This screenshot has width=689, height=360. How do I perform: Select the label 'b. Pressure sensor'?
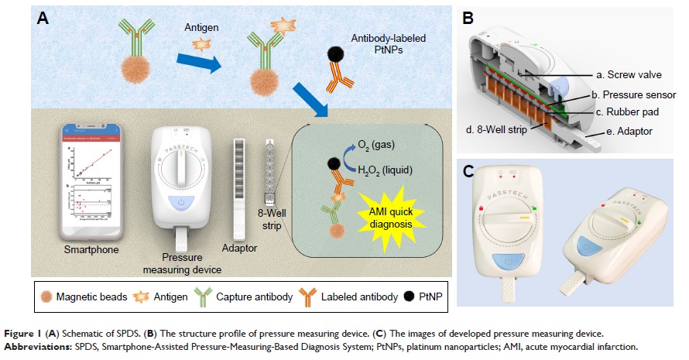click(x=633, y=94)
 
